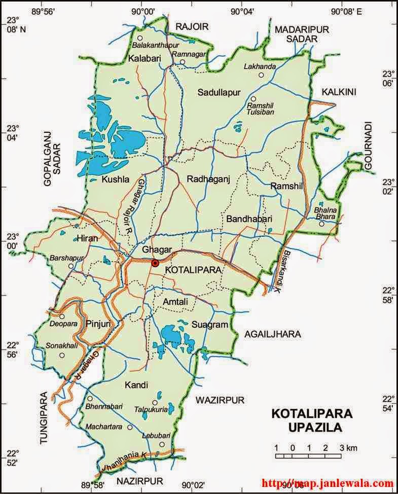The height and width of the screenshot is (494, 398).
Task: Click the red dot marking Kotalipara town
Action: pyautogui.click(x=155, y=263)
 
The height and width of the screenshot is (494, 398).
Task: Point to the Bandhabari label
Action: pyautogui.click(x=249, y=219)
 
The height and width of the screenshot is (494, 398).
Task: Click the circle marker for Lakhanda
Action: pyautogui.click(x=261, y=75)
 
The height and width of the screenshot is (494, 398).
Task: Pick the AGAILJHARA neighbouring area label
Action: pyautogui.click(x=272, y=334)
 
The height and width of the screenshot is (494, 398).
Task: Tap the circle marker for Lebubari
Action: pyautogui.click(x=162, y=444)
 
